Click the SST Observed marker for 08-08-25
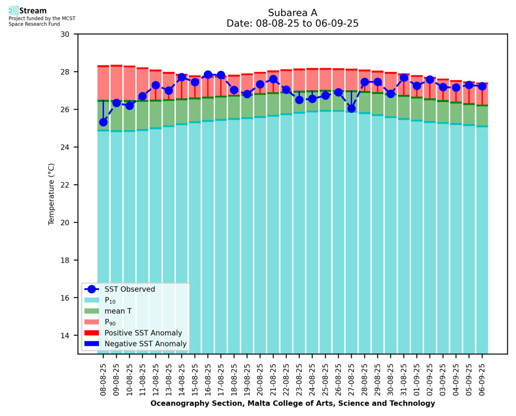click(x=103, y=122)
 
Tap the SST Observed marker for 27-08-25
click(x=351, y=108)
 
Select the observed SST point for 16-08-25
click(x=208, y=74)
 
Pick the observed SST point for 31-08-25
click(x=404, y=78)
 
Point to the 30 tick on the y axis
click(x=68, y=34)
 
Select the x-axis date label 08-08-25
click(x=103, y=379)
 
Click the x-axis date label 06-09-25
click(x=482, y=379)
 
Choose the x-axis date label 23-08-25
click(x=299, y=379)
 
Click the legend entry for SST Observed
click(x=129, y=290)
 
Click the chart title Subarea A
click(x=292, y=12)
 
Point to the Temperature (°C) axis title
click(x=52, y=194)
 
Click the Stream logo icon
click(x=13, y=11)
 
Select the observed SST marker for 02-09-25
click(x=430, y=80)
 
